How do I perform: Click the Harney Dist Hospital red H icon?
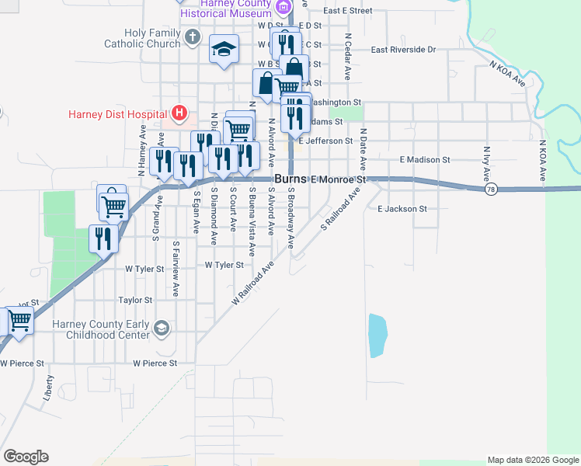point(179,113)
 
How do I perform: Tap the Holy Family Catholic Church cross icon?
point(193,37)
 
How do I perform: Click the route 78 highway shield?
point(490,189)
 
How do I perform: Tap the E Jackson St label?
point(402,209)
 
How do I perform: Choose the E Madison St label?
point(425,159)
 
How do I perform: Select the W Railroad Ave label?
point(253,283)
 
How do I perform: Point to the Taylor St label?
point(135,300)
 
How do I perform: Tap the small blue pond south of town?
point(377,336)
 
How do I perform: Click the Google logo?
point(26,457)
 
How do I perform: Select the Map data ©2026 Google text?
point(532,460)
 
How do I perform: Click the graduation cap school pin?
point(224,50)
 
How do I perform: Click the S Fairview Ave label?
point(176,269)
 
